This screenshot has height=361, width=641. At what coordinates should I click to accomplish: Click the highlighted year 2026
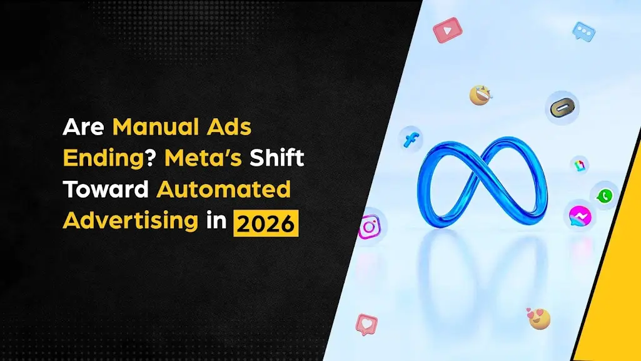266,223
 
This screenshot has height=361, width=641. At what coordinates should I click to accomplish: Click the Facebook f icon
411,139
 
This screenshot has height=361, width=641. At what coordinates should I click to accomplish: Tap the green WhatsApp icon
604,196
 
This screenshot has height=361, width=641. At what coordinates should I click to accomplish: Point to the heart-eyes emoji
538,317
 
